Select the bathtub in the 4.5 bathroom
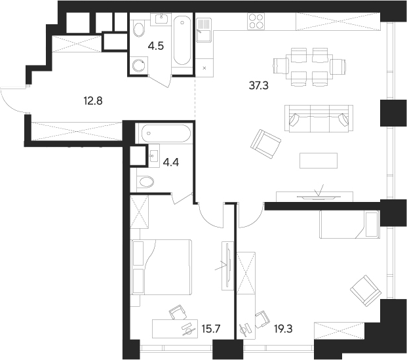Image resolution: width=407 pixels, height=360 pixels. coord(182,41)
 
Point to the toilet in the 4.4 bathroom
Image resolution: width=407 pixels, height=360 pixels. coord(145,181)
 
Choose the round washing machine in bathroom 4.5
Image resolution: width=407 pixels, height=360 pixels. coord(139,65)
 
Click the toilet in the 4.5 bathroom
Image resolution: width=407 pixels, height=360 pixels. coord(139,30)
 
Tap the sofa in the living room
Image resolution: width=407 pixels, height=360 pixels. coord(317,119)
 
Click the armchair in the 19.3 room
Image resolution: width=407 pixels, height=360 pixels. coord(364,289)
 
